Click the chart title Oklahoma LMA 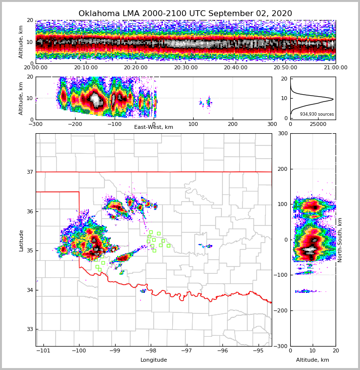185,14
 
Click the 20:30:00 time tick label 185,68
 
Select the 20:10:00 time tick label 85,68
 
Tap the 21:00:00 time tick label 335,68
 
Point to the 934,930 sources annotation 317,114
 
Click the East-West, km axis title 154,127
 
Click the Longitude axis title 154,360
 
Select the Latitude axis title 21,240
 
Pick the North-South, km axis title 340,240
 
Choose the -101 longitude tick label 43,351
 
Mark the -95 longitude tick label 258,351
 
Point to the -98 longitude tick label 151,351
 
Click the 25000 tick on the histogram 319,124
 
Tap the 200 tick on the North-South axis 282,169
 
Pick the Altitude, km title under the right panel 313,360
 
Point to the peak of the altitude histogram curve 333,99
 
